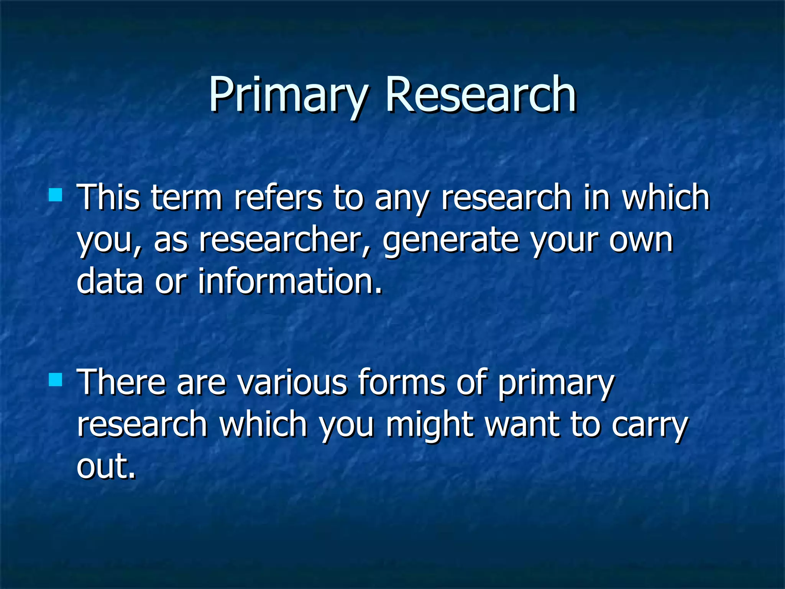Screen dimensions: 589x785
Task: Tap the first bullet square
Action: coord(56,195)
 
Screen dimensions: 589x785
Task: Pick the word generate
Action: coord(451,241)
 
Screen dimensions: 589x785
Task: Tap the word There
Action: coord(122,382)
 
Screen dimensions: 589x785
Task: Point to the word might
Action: coord(429,425)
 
